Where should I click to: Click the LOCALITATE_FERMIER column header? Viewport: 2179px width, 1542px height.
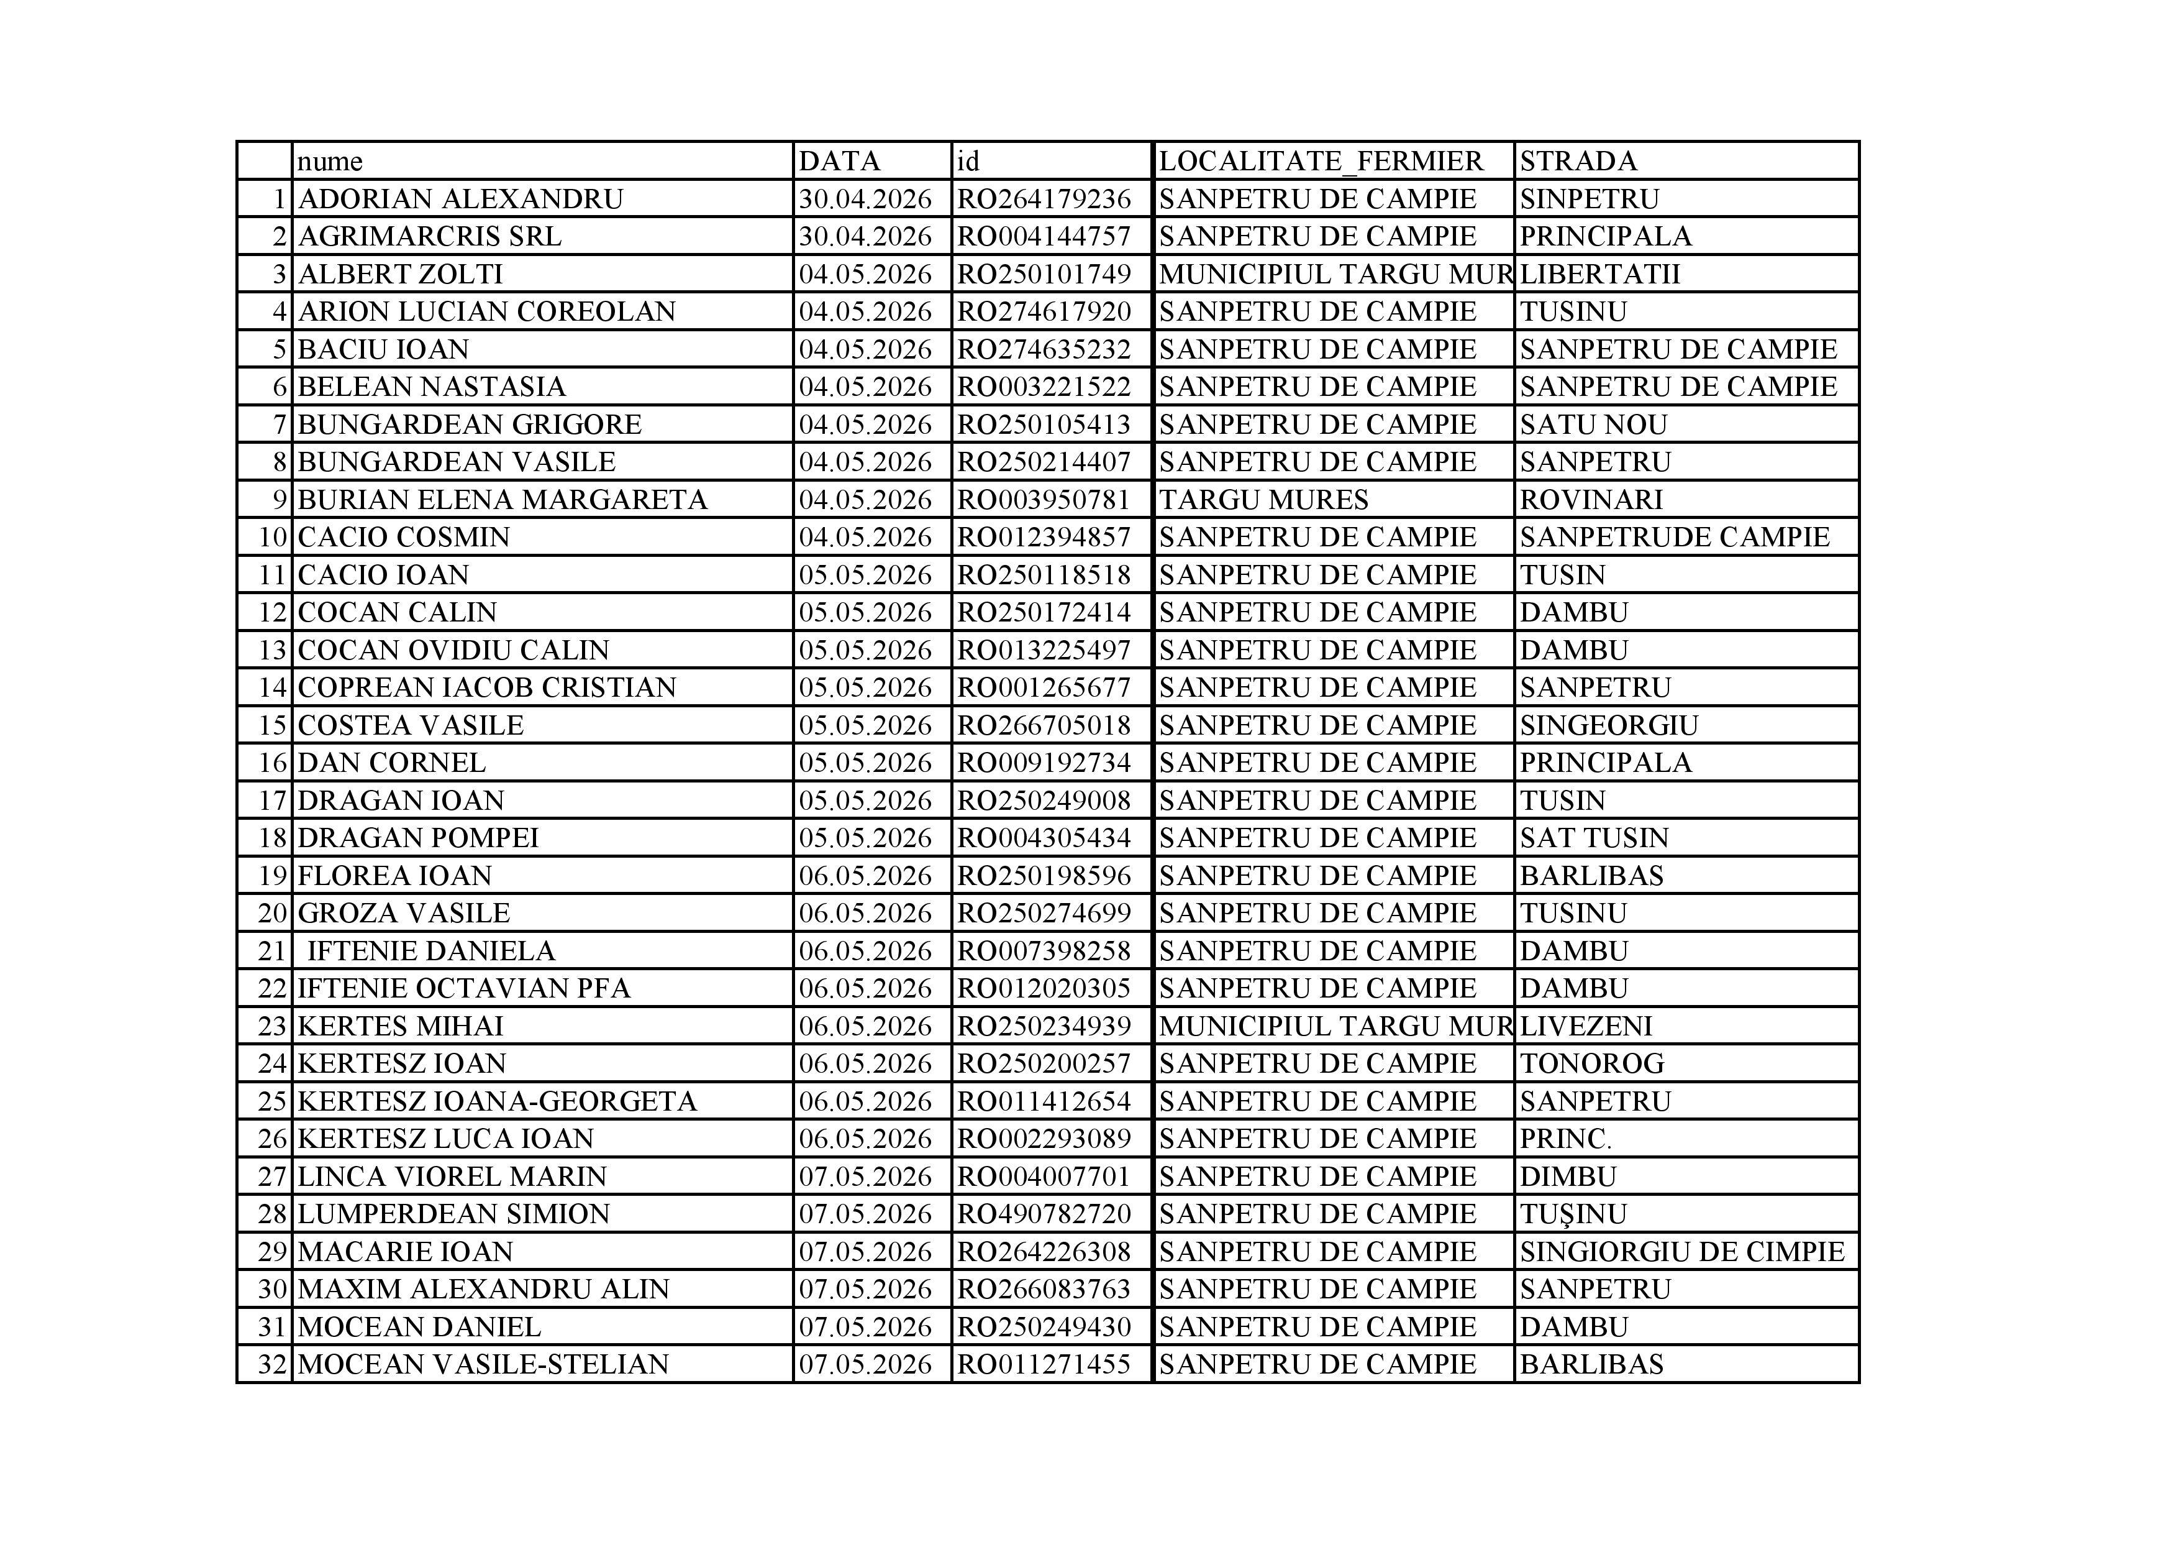click(x=1320, y=162)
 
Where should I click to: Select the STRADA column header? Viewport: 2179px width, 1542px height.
click(x=1578, y=162)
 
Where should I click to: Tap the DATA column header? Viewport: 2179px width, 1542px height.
click(x=839, y=162)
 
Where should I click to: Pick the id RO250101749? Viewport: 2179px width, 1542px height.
click(x=1044, y=275)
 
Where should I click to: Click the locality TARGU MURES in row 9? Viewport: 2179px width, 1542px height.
click(x=1263, y=500)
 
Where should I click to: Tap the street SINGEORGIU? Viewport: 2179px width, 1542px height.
click(x=1609, y=725)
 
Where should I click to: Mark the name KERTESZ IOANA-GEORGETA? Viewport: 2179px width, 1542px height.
click(x=498, y=1101)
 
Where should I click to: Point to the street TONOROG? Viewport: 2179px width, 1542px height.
click(x=1591, y=1063)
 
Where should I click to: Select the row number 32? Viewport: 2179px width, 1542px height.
click(x=272, y=1364)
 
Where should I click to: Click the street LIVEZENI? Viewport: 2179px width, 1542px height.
click(x=1586, y=1026)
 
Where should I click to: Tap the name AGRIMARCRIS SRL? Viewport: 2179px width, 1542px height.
click(x=429, y=236)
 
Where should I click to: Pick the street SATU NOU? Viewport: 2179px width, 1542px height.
click(x=1593, y=425)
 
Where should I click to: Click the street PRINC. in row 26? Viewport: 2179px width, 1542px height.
click(x=1565, y=1139)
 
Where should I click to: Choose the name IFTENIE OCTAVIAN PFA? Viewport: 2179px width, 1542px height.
click(x=463, y=988)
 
